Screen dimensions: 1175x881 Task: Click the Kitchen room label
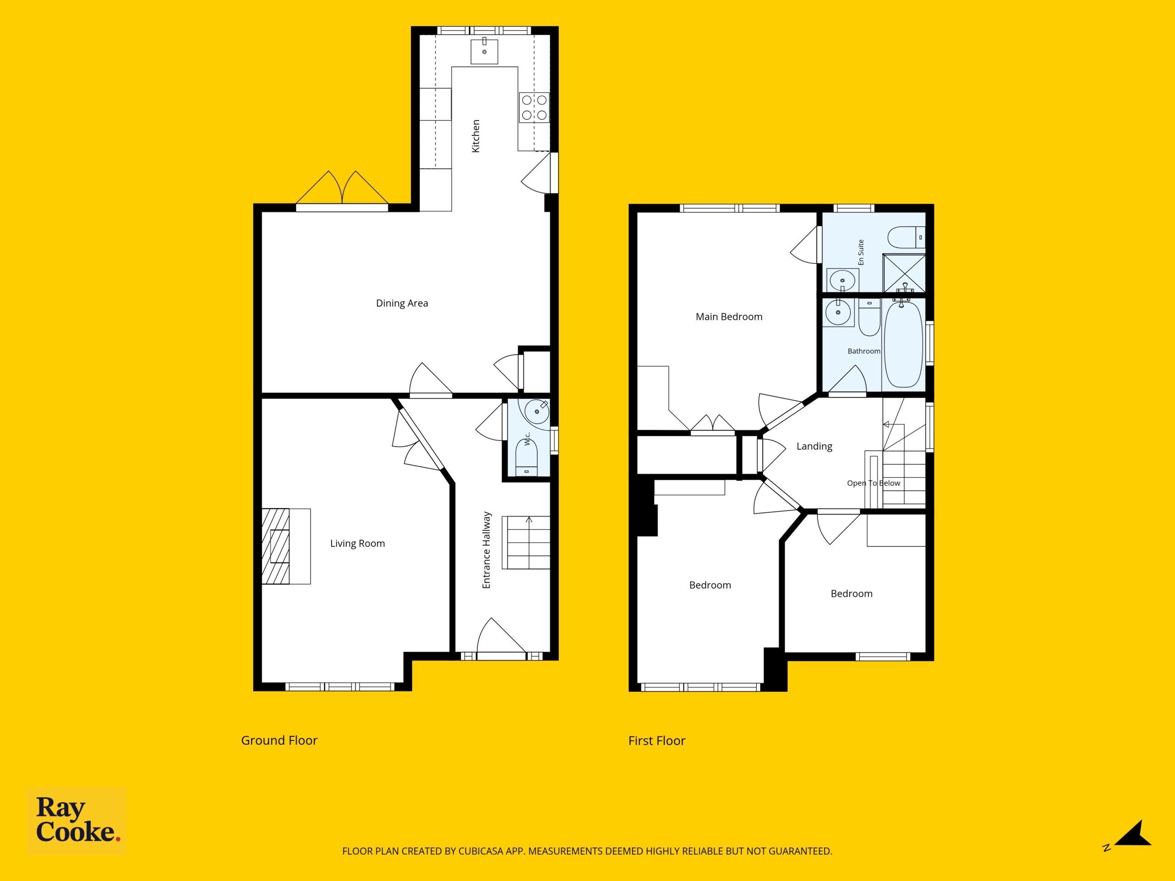[x=476, y=136]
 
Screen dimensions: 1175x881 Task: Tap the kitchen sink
[x=484, y=51]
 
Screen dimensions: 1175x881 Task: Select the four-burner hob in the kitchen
[x=534, y=107]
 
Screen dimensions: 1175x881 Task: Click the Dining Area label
[x=402, y=303]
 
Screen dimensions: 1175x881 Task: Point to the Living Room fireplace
[x=276, y=546]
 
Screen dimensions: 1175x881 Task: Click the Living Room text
[x=358, y=543]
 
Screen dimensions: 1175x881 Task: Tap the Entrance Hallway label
[x=487, y=550]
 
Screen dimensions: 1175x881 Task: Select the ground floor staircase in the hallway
[x=529, y=542]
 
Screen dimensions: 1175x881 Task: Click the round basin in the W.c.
[x=537, y=412]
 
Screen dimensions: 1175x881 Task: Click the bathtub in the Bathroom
[x=903, y=344]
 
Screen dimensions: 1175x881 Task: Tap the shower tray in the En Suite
[x=904, y=273]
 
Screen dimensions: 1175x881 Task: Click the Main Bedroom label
[x=729, y=317]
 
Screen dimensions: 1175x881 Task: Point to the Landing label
[x=814, y=446]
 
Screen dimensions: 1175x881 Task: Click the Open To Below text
[x=873, y=483]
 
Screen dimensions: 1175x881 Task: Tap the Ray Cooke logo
[x=77, y=820]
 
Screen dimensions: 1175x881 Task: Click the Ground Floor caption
[x=280, y=740]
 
